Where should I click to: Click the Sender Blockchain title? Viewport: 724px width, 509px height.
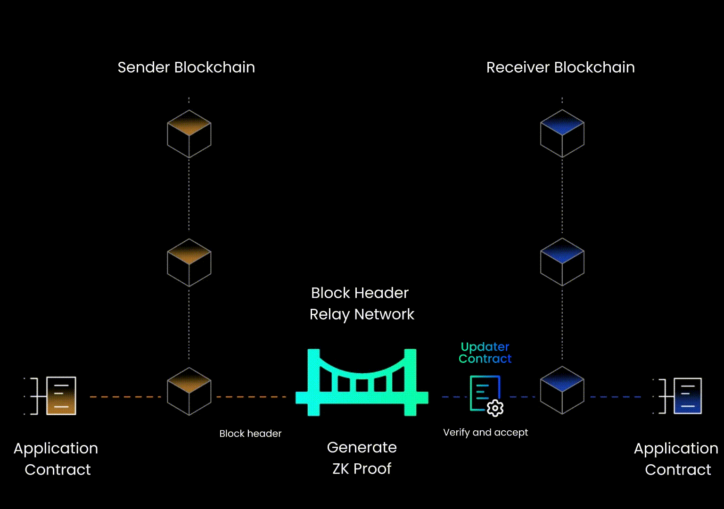point(186,67)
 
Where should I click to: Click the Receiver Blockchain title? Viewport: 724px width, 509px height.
point(560,67)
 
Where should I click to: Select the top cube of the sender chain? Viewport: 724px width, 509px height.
point(189,134)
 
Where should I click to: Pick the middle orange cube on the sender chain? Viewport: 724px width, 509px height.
point(189,263)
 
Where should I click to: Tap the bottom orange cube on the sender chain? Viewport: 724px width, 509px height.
point(189,391)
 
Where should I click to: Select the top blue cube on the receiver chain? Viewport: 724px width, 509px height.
point(562,133)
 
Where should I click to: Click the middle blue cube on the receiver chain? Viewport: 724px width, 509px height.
point(562,262)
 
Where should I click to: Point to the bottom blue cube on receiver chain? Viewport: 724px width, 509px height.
point(562,390)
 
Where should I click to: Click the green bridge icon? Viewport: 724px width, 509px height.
point(362,382)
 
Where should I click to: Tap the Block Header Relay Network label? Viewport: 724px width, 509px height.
point(362,304)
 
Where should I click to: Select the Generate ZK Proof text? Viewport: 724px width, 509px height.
point(362,458)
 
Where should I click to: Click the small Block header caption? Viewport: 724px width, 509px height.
point(250,434)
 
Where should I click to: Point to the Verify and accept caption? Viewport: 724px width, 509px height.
point(485,433)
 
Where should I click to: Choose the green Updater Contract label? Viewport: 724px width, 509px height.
point(485,353)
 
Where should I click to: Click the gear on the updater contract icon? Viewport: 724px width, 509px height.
point(495,408)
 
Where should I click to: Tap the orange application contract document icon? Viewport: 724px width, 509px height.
point(61,396)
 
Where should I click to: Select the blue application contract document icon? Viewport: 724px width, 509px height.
point(687,396)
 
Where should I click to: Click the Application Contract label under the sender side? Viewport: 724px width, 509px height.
point(57,459)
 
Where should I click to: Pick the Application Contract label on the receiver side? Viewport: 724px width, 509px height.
point(676,459)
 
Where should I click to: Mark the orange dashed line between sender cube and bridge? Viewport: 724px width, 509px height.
point(250,397)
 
